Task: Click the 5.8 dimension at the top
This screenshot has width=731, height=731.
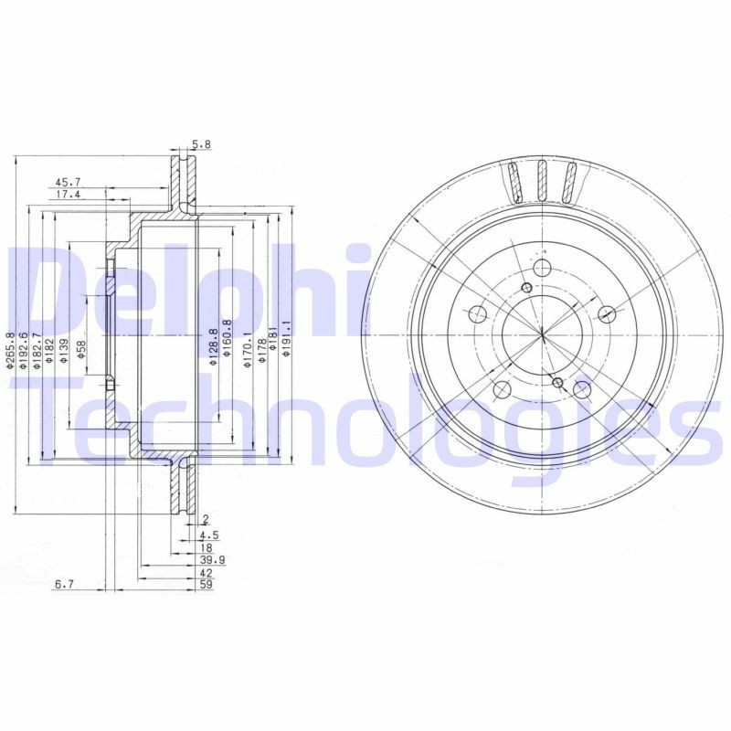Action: coord(201,144)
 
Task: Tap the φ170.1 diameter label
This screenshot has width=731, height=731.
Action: coord(247,350)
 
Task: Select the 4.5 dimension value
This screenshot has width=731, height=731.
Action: coord(209,535)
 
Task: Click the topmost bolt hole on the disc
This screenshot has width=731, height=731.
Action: coord(541,269)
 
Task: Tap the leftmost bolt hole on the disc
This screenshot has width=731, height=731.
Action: coord(477,315)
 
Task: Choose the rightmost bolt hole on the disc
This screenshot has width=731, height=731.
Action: coord(607,315)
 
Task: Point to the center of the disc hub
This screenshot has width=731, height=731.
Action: coord(542,336)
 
